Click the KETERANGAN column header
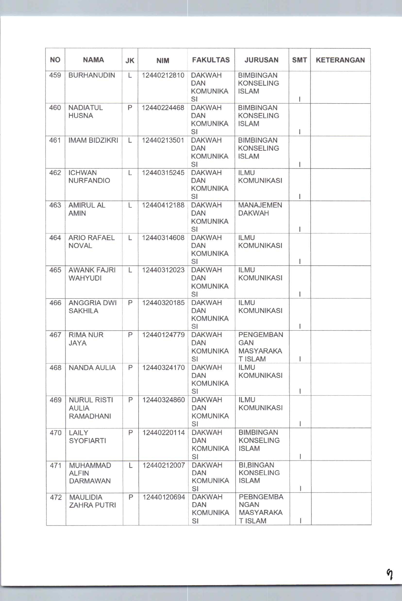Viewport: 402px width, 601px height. pyautogui.click(x=340, y=60)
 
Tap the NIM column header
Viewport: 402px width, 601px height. pyautogui.click(x=163, y=61)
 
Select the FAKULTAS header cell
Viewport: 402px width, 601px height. pyautogui.click(x=211, y=60)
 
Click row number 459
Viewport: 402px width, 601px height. pyautogui.click(x=55, y=75)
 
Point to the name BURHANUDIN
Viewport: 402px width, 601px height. pyautogui.click(x=92, y=75)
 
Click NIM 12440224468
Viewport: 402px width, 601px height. pyautogui.click(x=163, y=108)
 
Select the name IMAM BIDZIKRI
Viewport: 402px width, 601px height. pyautogui.click(x=93, y=140)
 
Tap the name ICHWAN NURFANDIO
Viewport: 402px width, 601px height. pyautogui.click(x=89, y=177)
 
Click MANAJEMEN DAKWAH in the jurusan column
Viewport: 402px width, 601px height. pyautogui.click(x=260, y=209)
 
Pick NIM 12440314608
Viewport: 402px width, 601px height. pyautogui.click(x=163, y=238)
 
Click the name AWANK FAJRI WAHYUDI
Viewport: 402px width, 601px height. pyautogui.click(x=92, y=274)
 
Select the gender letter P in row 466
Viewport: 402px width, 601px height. pyautogui.click(x=130, y=303)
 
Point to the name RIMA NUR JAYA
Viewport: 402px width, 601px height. pyautogui.click(x=86, y=339)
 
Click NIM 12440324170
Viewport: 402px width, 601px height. pyautogui.click(x=164, y=368)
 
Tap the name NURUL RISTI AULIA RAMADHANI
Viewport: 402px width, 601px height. pyautogui.click(x=90, y=408)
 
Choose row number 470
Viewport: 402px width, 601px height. pyautogui.click(x=56, y=433)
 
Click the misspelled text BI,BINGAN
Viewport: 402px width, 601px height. pyautogui.click(x=256, y=465)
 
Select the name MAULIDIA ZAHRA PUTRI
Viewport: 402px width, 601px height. pyautogui.click(x=92, y=501)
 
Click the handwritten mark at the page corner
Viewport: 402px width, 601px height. pyautogui.click(x=390, y=574)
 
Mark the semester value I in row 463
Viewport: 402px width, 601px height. pyautogui.click(x=300, y=229)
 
